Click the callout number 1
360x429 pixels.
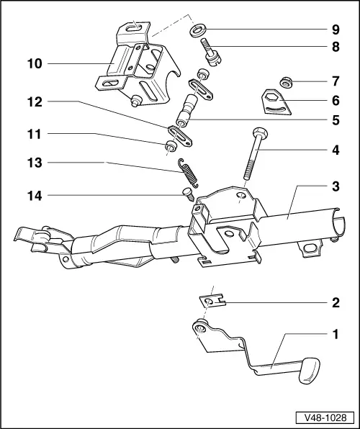333,335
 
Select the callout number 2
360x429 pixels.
333,303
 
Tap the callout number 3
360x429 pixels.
333,186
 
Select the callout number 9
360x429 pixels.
333,30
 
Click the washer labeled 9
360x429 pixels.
196,30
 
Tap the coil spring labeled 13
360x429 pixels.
187,174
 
